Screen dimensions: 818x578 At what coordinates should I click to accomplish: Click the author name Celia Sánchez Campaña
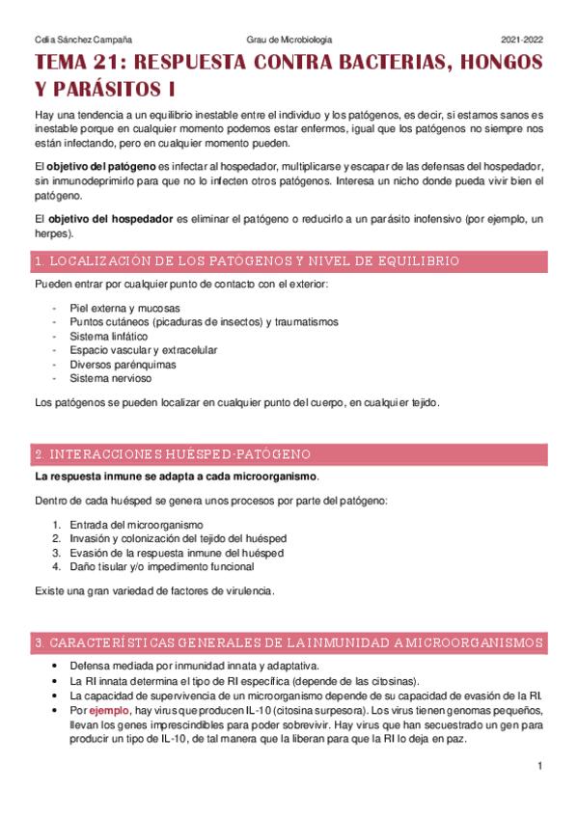pos(83,40)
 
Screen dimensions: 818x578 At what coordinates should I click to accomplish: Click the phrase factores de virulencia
pos(226,590)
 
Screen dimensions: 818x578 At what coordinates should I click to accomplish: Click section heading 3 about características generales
pos(288,642)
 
